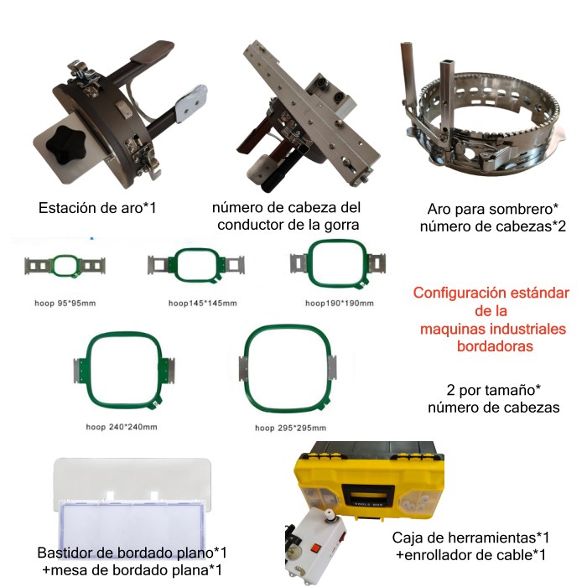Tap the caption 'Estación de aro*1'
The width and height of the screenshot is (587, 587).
(97, 208)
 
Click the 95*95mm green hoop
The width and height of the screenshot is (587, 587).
(65, 267)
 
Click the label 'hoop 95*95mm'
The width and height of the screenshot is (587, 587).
(65, 304)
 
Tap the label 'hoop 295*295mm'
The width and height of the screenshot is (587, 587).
(290, 428)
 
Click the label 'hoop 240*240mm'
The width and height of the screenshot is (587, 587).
(122, 427)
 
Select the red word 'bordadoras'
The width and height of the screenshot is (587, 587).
(495, 345)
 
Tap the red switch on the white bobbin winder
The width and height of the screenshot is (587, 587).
(315, 548)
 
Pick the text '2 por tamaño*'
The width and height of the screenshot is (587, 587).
(493, 390)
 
